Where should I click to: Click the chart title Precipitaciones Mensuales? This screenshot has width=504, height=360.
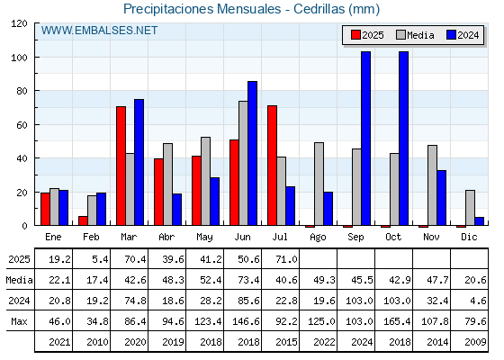pos(202,9)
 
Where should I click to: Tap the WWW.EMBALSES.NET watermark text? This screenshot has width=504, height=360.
pos(99,31)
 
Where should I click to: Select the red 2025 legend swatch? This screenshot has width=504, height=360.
pos(355,35)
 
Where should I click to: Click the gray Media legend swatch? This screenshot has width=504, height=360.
pos(400,35)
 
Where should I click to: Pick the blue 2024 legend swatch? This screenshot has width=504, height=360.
pos(451,35)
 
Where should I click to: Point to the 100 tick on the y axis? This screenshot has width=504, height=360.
pos(19,58)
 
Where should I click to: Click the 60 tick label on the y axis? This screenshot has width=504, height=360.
pos(22,125)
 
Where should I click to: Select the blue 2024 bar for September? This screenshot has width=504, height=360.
pos(365,139)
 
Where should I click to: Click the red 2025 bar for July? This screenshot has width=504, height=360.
pos(272,166)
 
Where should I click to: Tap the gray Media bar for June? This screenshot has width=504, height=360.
pos(243,163)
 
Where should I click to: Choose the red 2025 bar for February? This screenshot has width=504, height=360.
pos(83,220)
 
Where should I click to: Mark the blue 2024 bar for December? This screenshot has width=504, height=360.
pos(479,221)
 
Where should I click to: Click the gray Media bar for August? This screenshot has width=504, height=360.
pos(319,184)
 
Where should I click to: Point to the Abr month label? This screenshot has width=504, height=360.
pos(166,238)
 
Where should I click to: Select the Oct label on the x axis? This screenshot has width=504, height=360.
pos(393,238)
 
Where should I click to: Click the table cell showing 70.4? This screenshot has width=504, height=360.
pos(135,259)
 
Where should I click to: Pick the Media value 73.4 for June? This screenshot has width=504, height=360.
pos(248,280)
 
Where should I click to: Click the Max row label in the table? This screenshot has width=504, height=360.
pos(19,321)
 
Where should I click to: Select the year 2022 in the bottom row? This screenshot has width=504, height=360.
pos(324,342)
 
